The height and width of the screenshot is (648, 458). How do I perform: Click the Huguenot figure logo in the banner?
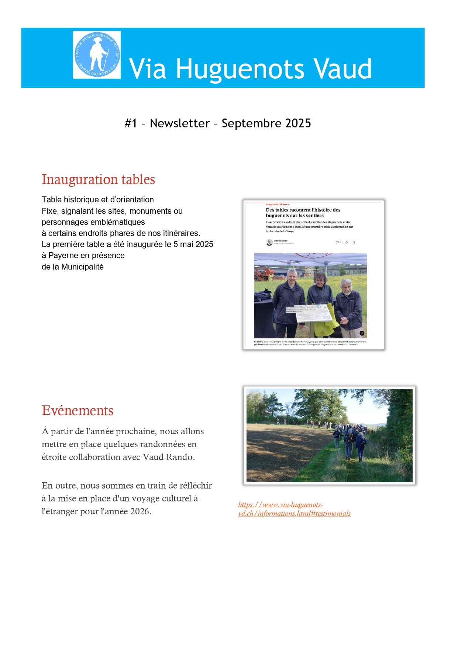[x=97, y=55]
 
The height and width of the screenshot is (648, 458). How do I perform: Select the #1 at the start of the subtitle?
[x=131, y=123]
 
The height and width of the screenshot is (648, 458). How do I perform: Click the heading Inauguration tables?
[x=98, y=179]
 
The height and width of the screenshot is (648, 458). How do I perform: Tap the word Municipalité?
[x=82, y=267]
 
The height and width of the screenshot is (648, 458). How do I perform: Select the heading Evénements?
[x=78, y=411]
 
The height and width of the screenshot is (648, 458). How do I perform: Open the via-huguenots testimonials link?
[x=294, y=509]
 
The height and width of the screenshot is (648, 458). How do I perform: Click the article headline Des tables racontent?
[x=303, y=213]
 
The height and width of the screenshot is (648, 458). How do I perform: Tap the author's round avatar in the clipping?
[x=269, y=242]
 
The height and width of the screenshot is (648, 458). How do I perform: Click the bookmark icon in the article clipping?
[x=354, y=243]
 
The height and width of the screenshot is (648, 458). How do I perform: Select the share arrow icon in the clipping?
[x=346, y=243]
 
